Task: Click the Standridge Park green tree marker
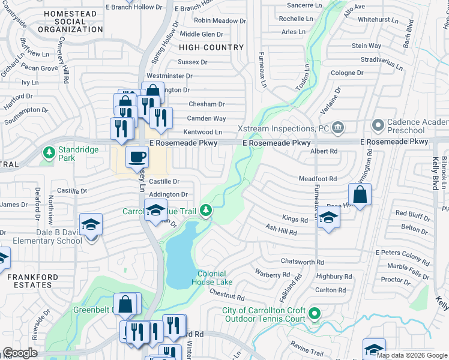49,154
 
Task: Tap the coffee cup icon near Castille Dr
137,157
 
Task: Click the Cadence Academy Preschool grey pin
378,126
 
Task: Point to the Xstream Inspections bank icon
337,127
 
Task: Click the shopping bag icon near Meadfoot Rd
359,194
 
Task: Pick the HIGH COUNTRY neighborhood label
211,47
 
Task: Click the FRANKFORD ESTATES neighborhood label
32,281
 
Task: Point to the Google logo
20,353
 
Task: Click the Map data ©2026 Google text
412,355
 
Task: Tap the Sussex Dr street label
192,62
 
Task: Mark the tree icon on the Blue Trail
206,210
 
